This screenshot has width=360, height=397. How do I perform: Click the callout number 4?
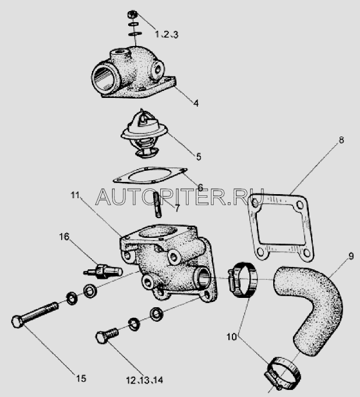pos(196,103)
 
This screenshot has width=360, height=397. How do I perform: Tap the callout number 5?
pos(199,157)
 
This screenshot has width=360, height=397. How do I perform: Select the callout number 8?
pos(341,140)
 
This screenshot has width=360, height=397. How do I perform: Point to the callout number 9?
pos(351,257)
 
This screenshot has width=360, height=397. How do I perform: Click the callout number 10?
pos(231,337)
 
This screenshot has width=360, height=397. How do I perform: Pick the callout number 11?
pos(75,195)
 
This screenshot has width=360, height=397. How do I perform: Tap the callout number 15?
pos(81,378)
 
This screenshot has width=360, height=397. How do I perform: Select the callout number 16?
pos(64,237)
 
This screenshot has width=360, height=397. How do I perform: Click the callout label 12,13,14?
pos(144,380)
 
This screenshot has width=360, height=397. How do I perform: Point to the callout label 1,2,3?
pos(167,34)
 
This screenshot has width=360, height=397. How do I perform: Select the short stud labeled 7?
pos(157,205)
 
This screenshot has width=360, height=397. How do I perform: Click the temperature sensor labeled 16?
pos(103,271)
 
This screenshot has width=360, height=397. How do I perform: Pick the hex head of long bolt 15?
pos(17,322)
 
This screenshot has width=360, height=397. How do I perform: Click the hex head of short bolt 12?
pos(102,338)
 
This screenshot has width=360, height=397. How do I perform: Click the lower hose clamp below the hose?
pos(283,373)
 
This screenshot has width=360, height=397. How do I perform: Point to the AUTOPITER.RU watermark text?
pos(180,197)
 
